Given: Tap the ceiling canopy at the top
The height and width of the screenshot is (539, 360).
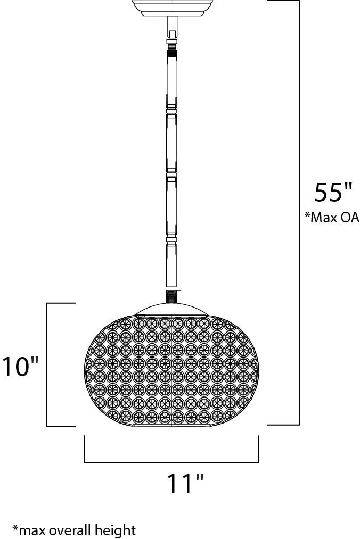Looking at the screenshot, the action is [x=172, y=9].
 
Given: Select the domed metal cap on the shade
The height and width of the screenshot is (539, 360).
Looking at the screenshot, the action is [x=172, y=309].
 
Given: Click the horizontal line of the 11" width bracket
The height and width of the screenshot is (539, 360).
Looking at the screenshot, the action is [x=171, y=463].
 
